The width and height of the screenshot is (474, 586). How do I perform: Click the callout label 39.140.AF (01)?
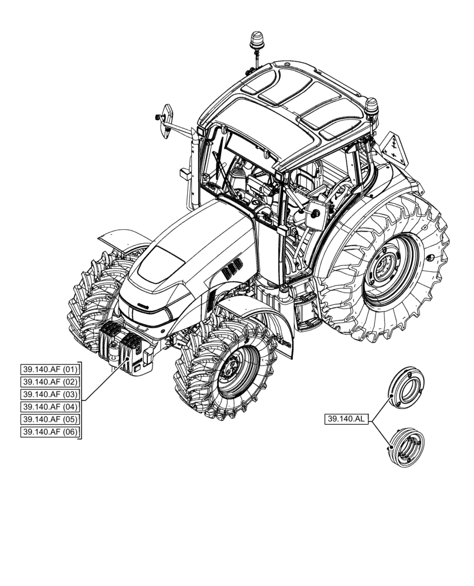tap(49, 370)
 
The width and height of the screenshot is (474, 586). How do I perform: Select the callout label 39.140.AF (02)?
tap(49, 382)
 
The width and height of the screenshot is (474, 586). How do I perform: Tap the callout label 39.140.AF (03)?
tap(49, 394)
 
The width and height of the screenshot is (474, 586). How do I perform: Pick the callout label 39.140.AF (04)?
tap(49, 407)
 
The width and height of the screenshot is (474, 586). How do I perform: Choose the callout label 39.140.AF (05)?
tap(49, 420)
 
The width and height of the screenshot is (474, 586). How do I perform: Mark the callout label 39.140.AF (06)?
tap(49, 432)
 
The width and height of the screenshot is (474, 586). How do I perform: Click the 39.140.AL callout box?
tap(346, 419)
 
